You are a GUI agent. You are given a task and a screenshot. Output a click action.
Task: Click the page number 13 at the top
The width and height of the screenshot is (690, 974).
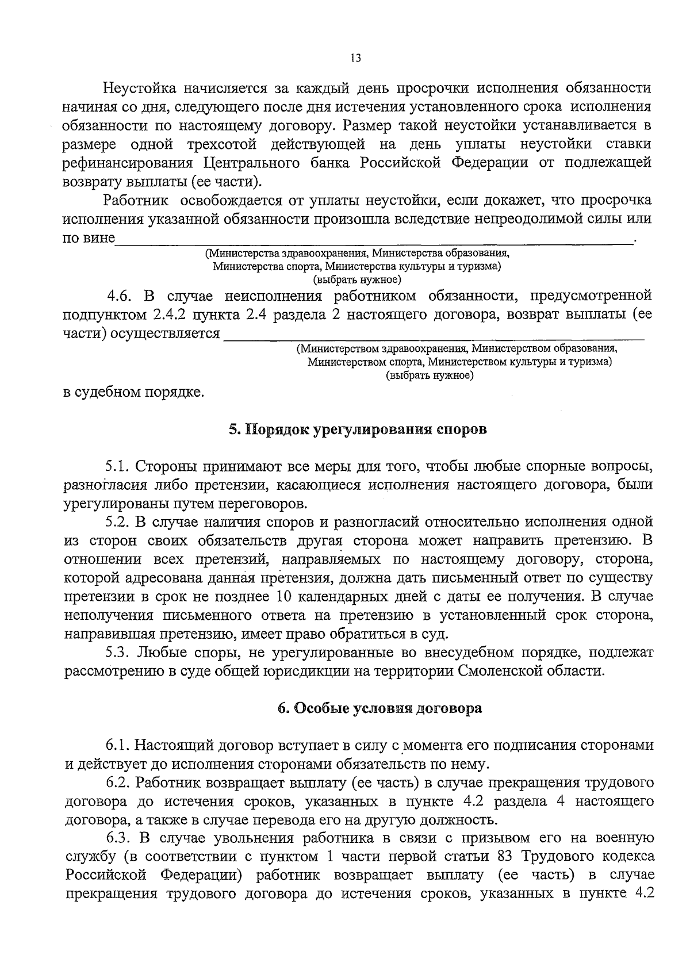pos(355,58)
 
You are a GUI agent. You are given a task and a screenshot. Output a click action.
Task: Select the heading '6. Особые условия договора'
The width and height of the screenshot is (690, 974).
pos(379,708)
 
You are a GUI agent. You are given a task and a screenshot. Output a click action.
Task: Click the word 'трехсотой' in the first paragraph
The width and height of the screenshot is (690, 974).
pos(222,144)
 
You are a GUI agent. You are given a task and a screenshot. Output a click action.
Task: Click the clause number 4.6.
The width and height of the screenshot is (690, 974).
pos(120,296)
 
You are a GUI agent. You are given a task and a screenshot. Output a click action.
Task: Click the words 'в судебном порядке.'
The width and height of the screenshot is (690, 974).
pos(133,393)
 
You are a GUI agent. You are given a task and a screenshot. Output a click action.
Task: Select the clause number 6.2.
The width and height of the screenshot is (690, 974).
pos(119,783)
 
